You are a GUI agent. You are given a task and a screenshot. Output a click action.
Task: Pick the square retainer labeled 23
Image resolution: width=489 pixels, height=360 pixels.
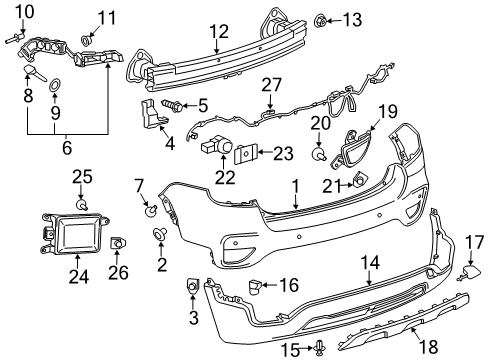[x=244, y=152]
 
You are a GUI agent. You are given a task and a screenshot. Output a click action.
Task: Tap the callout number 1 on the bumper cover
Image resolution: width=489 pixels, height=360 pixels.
[x=296, y=187]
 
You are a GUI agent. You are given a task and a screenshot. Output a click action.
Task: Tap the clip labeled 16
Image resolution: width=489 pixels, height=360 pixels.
[x=254, y=286]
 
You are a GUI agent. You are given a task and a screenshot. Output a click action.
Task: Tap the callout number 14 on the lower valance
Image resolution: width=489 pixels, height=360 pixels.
[x=370, y=263]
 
